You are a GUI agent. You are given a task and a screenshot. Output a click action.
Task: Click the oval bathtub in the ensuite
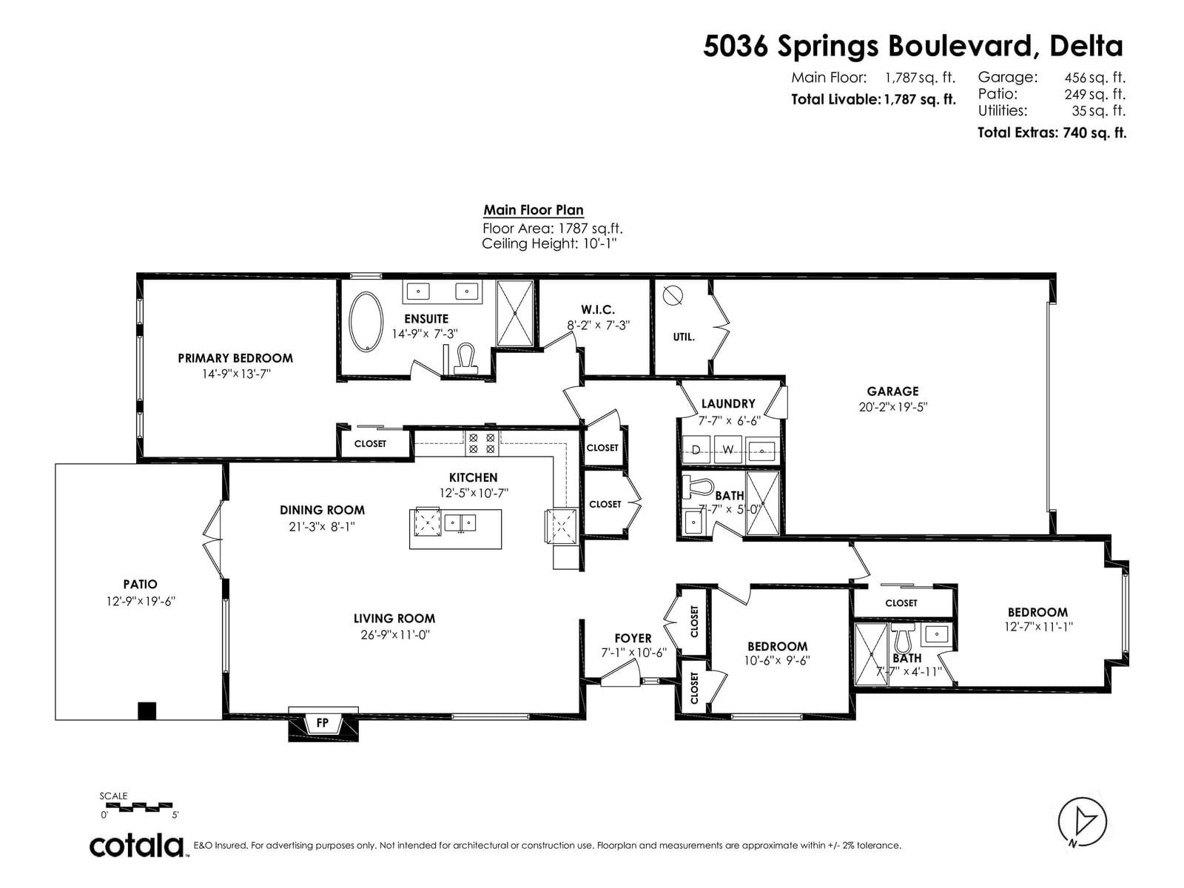click(366, 321)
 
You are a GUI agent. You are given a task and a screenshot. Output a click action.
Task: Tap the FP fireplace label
click(323, 722)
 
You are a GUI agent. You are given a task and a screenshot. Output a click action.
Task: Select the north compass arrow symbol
click(1082, 822)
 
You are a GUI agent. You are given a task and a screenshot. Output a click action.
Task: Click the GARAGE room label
click(892, 391)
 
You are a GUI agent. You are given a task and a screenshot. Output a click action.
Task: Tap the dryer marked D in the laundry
click(696, 450)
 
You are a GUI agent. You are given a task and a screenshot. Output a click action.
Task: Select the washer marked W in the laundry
click(728, 450)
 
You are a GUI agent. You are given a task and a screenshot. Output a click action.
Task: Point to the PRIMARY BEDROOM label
click(236, 358)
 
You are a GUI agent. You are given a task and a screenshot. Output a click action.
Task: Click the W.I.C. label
click(598, 309)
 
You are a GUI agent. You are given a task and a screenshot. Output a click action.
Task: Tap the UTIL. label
click(684, 337)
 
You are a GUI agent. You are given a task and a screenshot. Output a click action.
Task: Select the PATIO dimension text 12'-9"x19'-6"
click(141, 601)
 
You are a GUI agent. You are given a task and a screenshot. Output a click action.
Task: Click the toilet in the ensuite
click(466, 359)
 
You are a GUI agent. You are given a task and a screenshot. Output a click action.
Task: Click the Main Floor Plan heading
click(534, 209)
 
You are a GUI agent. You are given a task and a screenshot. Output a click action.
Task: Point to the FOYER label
click(633, 639)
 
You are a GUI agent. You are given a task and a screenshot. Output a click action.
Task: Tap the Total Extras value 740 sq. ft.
click(1094, 132)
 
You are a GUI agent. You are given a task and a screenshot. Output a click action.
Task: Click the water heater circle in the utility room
click(673, 295)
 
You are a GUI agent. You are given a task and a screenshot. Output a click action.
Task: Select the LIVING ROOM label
click(394, 619)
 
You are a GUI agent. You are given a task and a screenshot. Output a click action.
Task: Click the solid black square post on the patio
click(147, 710)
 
